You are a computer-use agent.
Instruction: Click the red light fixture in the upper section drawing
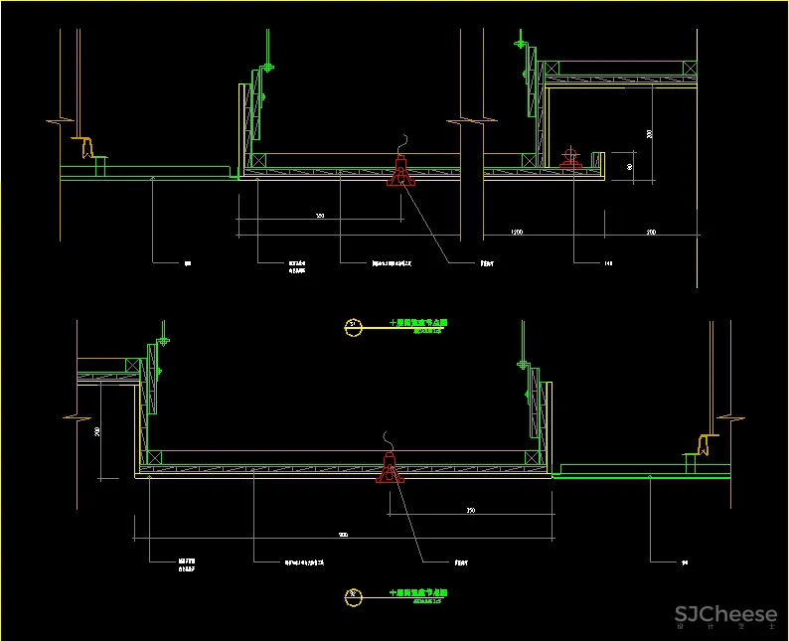click(x=400, y=172)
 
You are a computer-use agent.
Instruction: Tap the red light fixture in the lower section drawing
click(x=389, y=467)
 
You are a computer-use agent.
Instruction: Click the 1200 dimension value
click(x=517, y=232)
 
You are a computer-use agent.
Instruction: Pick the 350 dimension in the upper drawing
click(x=319, y=215)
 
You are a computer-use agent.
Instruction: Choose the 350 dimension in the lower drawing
click(x=471, y=510)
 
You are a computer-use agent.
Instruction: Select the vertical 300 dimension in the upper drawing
click(x=649, y=133)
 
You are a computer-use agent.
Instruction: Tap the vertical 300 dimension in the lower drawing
click(x=97, y=431)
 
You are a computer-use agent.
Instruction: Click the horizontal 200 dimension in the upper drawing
click(x=651, y=232)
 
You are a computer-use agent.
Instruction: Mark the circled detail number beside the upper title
click(x=351, y=324)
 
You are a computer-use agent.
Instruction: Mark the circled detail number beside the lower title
click(x=351, y=596)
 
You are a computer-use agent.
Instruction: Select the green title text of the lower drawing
click(x=417, y=593)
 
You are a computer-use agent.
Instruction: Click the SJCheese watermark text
click(x=725, y=615)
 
